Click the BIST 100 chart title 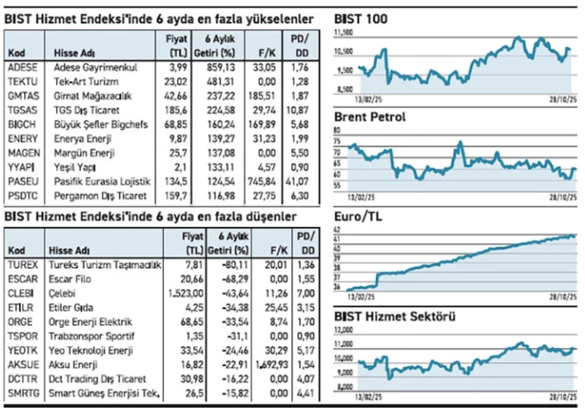pos(361,18)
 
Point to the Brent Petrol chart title pos(370,117)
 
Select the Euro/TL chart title pos(359,216)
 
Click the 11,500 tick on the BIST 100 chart pos(342,32)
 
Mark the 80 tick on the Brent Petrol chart pos(337,131)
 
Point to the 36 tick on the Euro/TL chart pos(337,288)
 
